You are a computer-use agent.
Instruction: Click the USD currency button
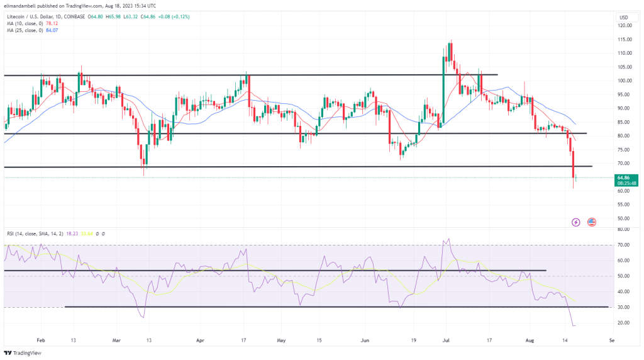pyautogui.click(x=624, y=17)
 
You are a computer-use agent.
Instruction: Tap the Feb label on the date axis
pyautogui.click(x=42, y=339)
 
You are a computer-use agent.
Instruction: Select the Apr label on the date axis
pyautogui.click(x=201, y=339)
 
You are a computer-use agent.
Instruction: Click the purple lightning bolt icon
pyautogui.click(x=575, y=222)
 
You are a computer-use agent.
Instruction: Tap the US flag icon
pyautogui.click(x=591, y=222)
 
